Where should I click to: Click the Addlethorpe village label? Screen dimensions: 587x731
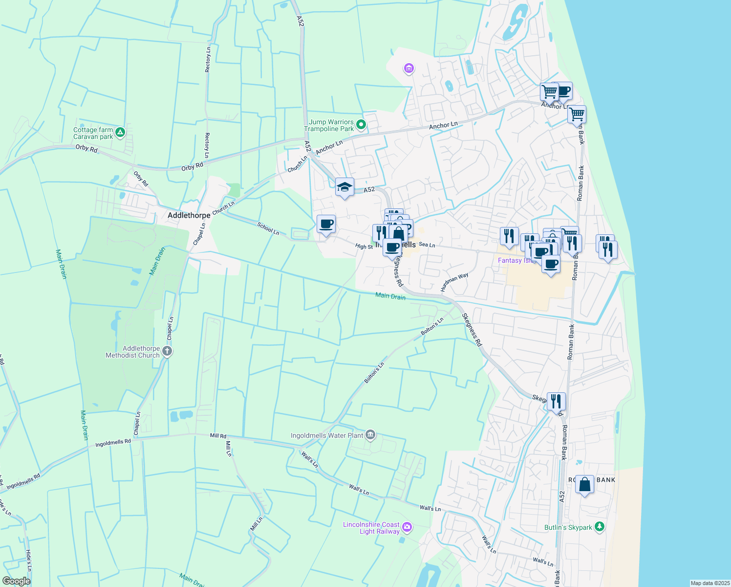pyautogui.click(x=189, y=215)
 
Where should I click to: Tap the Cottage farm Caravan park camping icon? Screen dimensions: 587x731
pyautogui.click(x=120, y=132)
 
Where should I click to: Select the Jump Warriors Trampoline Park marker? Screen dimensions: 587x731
pyautogui.click(x=361, y=125)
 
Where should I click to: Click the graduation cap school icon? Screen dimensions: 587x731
pyautogui.click(x=344, y=187)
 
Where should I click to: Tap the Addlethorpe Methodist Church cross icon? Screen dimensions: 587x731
pyautogui.click(x=167, y=351)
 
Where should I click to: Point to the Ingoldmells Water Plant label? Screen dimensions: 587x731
pyautogui.click(x=327, y=435)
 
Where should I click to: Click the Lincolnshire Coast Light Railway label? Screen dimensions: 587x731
pyautogui.click(x=371, y=528)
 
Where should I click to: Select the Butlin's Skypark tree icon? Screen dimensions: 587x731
pyautogui.click(x=600, y=527)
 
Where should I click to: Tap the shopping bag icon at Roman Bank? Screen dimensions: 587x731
pyautogui.click(x=584, y=485)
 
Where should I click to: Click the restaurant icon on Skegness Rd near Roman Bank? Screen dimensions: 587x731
pyautogui.click(x=556, y=401)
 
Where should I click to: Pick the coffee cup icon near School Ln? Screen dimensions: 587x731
pyautogui.click(x=326, y=224)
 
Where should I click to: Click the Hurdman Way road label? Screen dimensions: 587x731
pyautogui.click(x=454, y=282)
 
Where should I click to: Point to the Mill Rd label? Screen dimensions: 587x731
pyautogui.click(x=218, y=435)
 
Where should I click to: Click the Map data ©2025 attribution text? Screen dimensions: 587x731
pyautogui.click(x=710, y=583)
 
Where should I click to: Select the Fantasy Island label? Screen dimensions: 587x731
pyautogui.click(x=516, y=261)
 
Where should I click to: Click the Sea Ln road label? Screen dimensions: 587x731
pyautogui.click(x=427, y=245)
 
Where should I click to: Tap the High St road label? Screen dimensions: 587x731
pyautogui.click(x=364, y=247)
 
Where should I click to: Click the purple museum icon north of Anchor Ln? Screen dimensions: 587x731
pyautogui.click(x=409, y=68)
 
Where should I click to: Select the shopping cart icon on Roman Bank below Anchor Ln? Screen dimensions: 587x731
pyautogui.click(x=577, y=114)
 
